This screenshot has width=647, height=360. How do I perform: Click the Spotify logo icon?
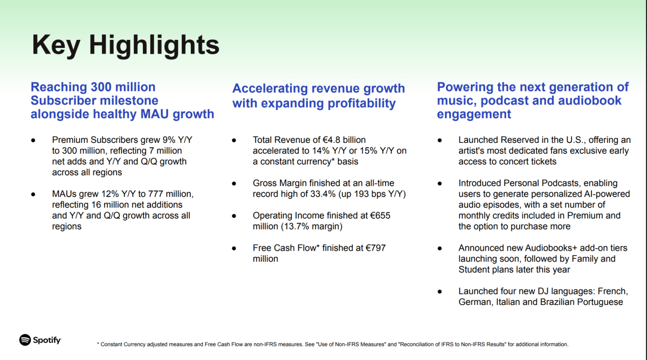25,340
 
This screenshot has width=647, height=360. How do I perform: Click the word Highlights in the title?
154,45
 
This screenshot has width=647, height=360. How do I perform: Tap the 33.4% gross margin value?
323,193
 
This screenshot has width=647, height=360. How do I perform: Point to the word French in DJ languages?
612,291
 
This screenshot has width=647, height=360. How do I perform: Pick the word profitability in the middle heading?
362,103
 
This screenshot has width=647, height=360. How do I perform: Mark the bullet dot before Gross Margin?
234,183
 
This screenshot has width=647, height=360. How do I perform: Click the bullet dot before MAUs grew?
33,195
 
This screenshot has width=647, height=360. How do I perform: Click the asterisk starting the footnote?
98,343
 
